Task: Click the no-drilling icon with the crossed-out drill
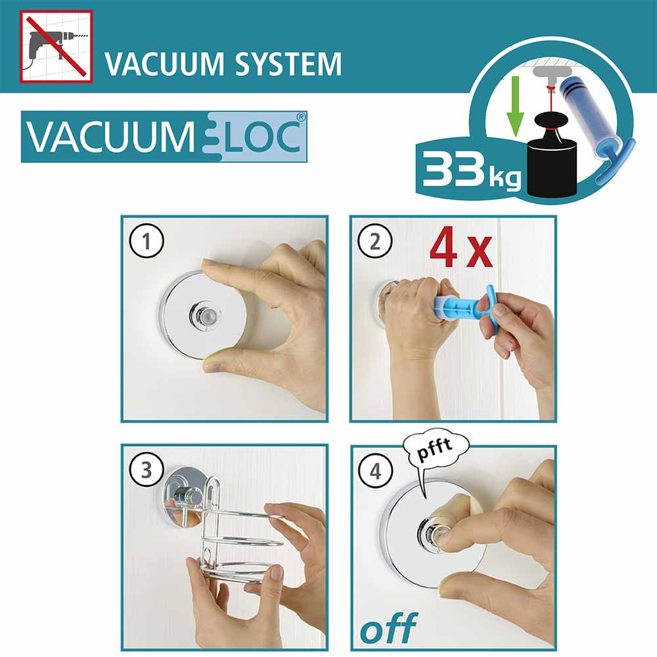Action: pos(56,46)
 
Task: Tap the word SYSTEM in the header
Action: pos(288,64)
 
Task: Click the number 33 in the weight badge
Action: pos(455,170)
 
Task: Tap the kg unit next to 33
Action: pos(505,178)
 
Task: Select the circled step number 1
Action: pos(147,241)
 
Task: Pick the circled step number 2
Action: pos(375,241)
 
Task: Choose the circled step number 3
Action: pos(147,470)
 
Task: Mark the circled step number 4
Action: pos(375,471)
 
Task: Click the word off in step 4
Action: pos(389,627)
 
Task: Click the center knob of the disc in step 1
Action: pos(204,313)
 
